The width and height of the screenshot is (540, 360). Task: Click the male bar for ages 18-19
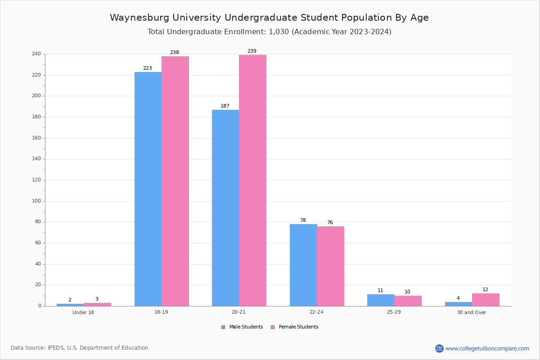pyautogui.click(x=148, y=189)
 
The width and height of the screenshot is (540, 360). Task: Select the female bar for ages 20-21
pyautogui.click(x=252, y=180)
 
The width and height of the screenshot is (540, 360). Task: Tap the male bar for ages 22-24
pyautogui.click(x=303, y=265)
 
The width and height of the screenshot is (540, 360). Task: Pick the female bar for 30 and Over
pyautogui.click(x=486, y=300)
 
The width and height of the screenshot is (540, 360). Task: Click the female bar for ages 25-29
pyautogui.click(x=408, y=301)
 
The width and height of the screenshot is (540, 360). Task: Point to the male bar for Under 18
pyautogui.click(x=70, y=305)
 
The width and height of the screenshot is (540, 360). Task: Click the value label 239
pyautogui.click(x=252, y=51)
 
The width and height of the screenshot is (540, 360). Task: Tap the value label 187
pyautogui.click(x=225, y=106)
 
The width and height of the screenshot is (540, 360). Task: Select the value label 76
pyautogui.click(x=330, y=222)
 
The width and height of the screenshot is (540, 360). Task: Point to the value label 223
pyautogui.click(x=148, y=68)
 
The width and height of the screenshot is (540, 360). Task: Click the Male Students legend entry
pyautogui.click(x=242, y=327)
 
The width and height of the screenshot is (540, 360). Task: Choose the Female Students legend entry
pyautogui.click(x=295, y=327)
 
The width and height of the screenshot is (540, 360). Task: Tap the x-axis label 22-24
pyautogui.click(x=316, y=312)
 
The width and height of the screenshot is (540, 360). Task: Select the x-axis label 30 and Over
pyautogui.click(x=472, y=312)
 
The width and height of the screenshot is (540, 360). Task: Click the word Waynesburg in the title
pyautogui.click(x=139, y=18)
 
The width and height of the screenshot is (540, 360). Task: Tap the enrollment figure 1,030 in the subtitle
pyautogui.click(x=279, y=32)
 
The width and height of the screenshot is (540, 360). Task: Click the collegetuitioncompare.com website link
pyautogui.click(x=487, y=348)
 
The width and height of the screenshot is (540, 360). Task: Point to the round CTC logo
pyautogui.click(x=439, y=348)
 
